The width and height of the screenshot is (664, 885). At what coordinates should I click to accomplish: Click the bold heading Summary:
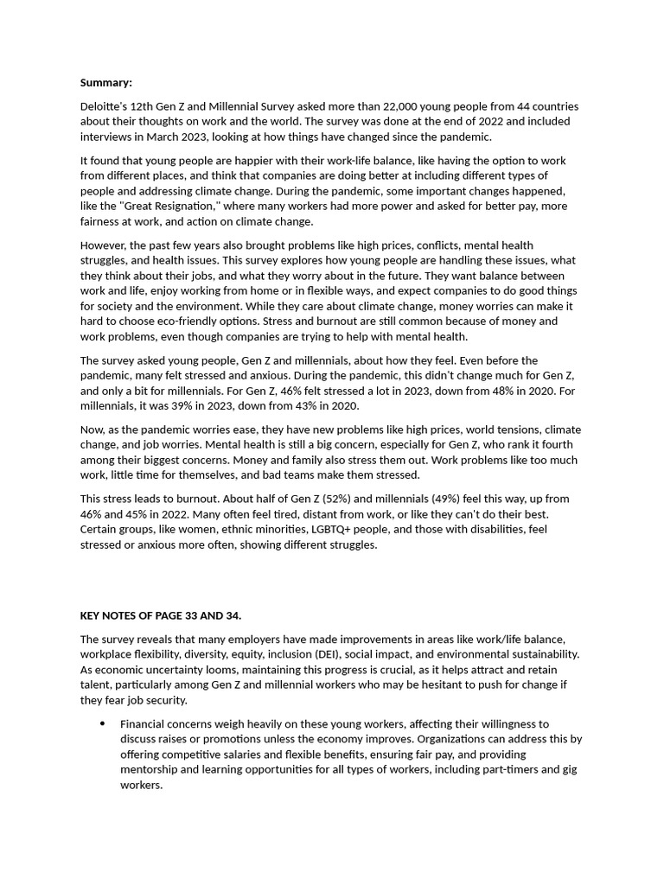pyautogui.click(x=106, y=83)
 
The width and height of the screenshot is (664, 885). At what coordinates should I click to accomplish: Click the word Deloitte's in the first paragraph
pyautogui.click(x=105, y=106)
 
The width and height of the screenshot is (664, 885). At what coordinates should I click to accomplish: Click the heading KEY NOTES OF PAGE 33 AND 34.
pyautogui.click(x=161, y=615)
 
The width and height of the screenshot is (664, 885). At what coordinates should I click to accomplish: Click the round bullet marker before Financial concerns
pyautogui.click(x=103, y=724)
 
